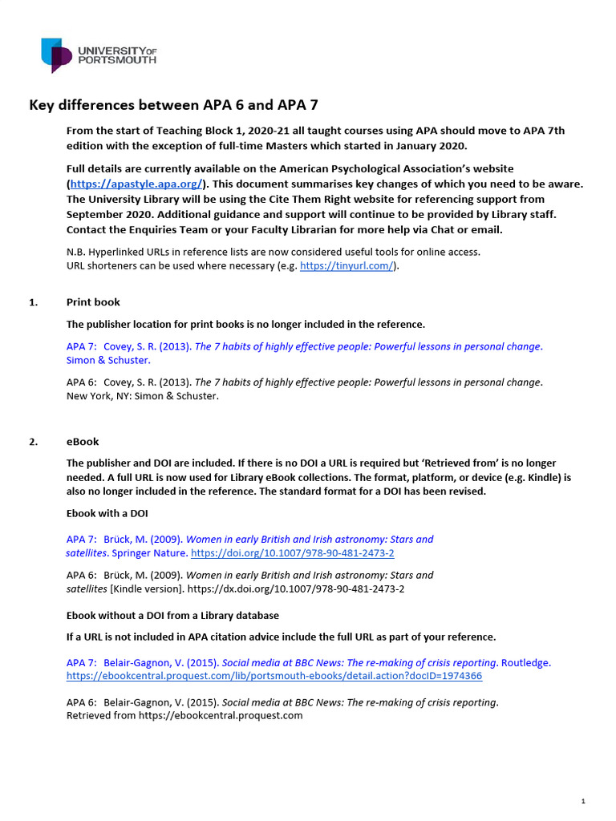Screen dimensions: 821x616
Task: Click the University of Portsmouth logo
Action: pos(98,55)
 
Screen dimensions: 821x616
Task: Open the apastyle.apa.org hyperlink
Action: pos(129,184)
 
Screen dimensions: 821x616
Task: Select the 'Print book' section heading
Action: pos(93,302)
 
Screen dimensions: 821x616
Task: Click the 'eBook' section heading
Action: pos(83,442)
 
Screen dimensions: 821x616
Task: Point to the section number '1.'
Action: pos(34,302)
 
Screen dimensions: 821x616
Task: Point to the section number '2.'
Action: pos(34,442)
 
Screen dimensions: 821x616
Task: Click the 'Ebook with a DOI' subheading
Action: pos(107,513)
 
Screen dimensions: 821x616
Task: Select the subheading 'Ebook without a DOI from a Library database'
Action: pos(172,615)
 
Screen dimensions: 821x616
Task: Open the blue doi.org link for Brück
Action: pos(293,553)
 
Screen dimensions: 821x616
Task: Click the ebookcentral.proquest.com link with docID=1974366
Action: pos(274,676)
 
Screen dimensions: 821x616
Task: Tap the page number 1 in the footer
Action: pos(583,801)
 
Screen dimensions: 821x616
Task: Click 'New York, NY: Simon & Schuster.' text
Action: pos(142,395)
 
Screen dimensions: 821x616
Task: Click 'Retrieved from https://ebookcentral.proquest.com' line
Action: pos(184,715)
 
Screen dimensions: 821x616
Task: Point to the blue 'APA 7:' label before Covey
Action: pos(81,347)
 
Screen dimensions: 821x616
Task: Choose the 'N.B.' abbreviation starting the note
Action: pos(76,252)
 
